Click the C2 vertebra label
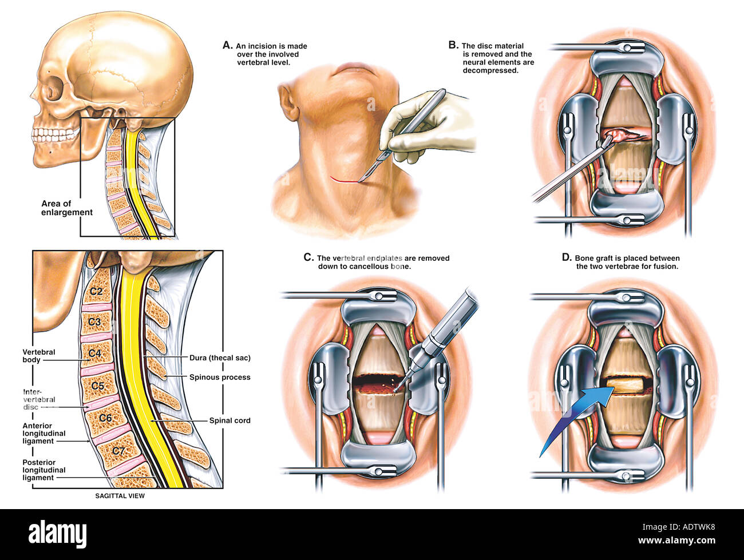click(95, 291)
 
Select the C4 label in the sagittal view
click(94, 353)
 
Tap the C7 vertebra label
click(118, 451)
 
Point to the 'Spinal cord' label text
click(229, 420)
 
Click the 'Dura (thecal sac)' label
click(220, 358)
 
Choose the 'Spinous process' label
click(220, 378)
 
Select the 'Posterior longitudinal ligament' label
click(43, 470)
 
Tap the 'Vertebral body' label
click(39, 356)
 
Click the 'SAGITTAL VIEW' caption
click(120, 496)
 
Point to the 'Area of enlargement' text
click(66, 208)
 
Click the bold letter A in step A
click(227, 45)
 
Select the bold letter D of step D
click(567, 258)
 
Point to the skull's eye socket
click(52, 92)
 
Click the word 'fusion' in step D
click(664, 267)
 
